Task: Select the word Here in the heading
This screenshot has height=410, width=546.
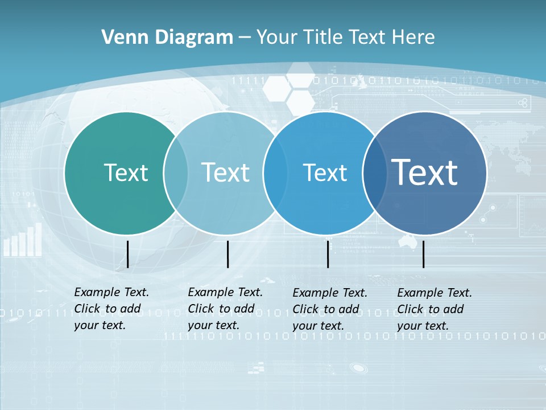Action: [x=413, y=37]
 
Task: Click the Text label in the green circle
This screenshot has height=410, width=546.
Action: [x=126, y=173]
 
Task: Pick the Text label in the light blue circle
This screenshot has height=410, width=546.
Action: [x=225, y=173]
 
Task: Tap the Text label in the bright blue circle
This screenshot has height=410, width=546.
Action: [x=325, y=173]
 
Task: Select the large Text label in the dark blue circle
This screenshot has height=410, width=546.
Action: [x=424, y=173]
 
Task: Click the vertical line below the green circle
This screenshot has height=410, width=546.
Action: [x=128, y=254]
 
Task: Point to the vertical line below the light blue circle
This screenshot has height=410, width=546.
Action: [x=227, y=254]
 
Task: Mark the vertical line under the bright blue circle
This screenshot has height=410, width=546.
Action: [x=328, y=254]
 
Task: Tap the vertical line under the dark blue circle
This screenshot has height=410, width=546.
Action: [x=424, y=254]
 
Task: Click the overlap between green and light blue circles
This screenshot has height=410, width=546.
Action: [x=176, y=173]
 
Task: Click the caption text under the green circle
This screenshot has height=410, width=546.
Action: [x=111, y=309]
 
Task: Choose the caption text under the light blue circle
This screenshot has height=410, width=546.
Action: [x=225, y=309]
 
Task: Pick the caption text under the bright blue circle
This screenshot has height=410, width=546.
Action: [x=330, y=309]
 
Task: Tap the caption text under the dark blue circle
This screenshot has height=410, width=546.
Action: [x=435, y=309]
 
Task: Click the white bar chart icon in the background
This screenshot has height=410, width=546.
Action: [x=23, y=240]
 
